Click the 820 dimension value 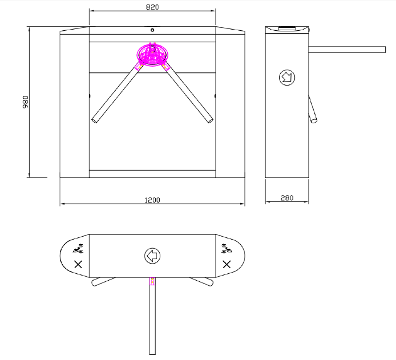coord(152,7)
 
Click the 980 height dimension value coord(26,102)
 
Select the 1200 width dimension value coord(152,200)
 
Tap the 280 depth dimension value coord(287,198)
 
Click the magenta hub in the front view coord(152,55)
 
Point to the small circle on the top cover coord(152,30)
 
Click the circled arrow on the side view coord(287,78)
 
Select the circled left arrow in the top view coord(152,256)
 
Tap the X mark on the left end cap coord(78,265)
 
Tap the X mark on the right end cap coord(227,265)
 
